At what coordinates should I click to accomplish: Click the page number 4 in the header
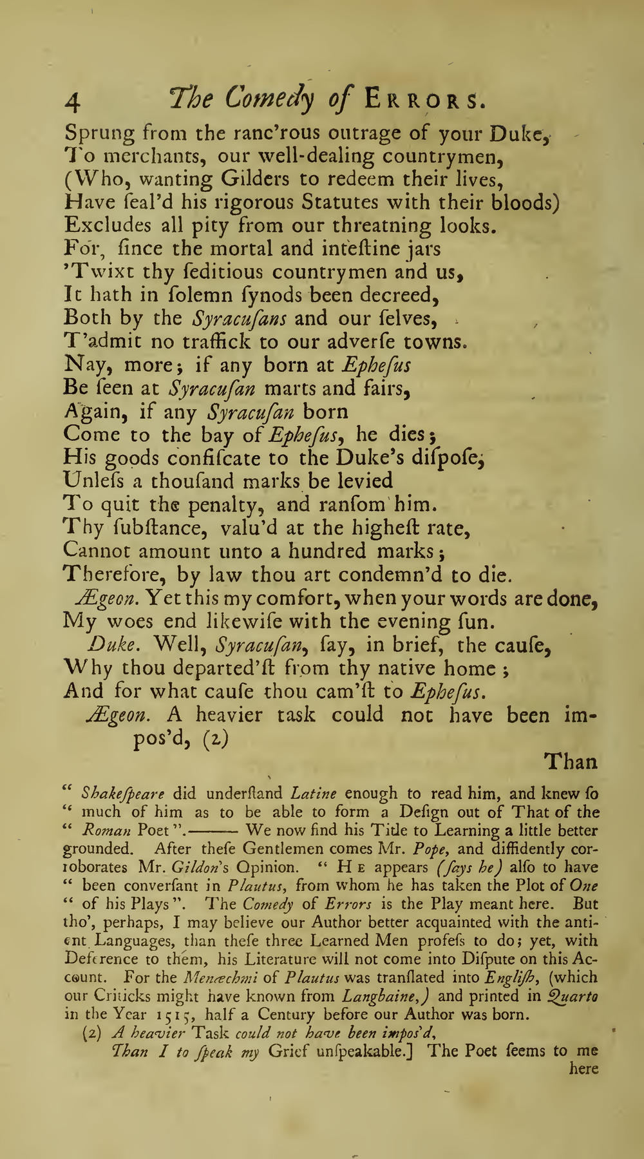tap(73, 101)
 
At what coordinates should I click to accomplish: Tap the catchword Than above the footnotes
tap(571, 762)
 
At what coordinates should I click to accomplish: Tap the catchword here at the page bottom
tap(585, 1069)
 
